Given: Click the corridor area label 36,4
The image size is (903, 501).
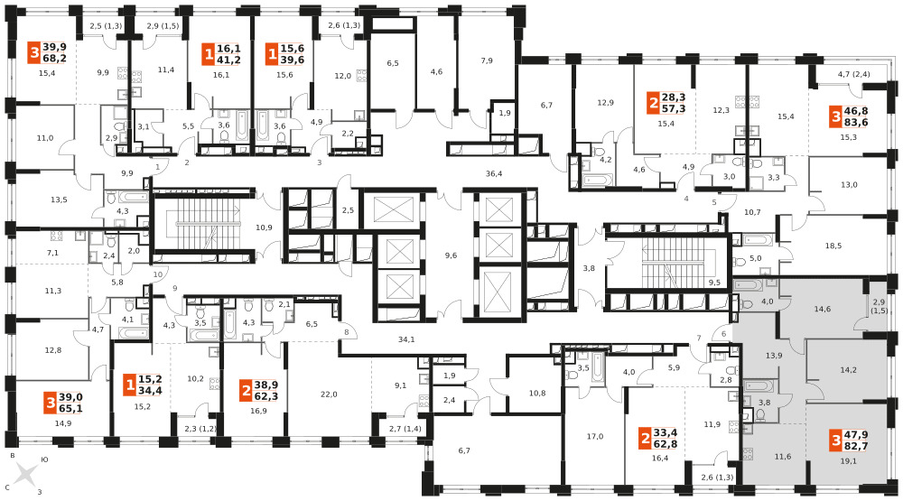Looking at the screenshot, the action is (494, 172).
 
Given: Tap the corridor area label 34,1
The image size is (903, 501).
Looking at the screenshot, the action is (406, 339).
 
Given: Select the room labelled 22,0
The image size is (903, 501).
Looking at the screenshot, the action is (329, 394).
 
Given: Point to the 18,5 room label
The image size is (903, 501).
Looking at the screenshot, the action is (833, 246).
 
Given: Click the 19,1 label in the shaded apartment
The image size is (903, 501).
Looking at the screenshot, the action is (848, 460).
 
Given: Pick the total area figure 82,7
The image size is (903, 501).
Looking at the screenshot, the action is (856, 446).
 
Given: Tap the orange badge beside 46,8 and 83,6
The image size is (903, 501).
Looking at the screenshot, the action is (835, 117).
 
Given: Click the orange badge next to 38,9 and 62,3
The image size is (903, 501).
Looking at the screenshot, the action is (246, 392).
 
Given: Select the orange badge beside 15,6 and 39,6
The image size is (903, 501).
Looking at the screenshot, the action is (271, 55).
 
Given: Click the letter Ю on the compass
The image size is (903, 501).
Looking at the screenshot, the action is (44, 460).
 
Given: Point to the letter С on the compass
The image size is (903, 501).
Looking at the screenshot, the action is (7, 487).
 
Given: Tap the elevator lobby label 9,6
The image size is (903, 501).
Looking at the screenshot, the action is (451, 255).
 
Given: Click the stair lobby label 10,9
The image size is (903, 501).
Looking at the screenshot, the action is (264, 227).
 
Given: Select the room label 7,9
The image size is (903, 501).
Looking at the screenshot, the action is (487, 60).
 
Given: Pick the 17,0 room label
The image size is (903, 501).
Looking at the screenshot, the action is (595, 437).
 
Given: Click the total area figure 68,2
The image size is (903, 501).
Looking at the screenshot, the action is (54, 58).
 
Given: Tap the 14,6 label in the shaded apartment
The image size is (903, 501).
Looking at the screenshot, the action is (823, 309).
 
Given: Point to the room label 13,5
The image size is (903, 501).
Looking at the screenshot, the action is (59, 199).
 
